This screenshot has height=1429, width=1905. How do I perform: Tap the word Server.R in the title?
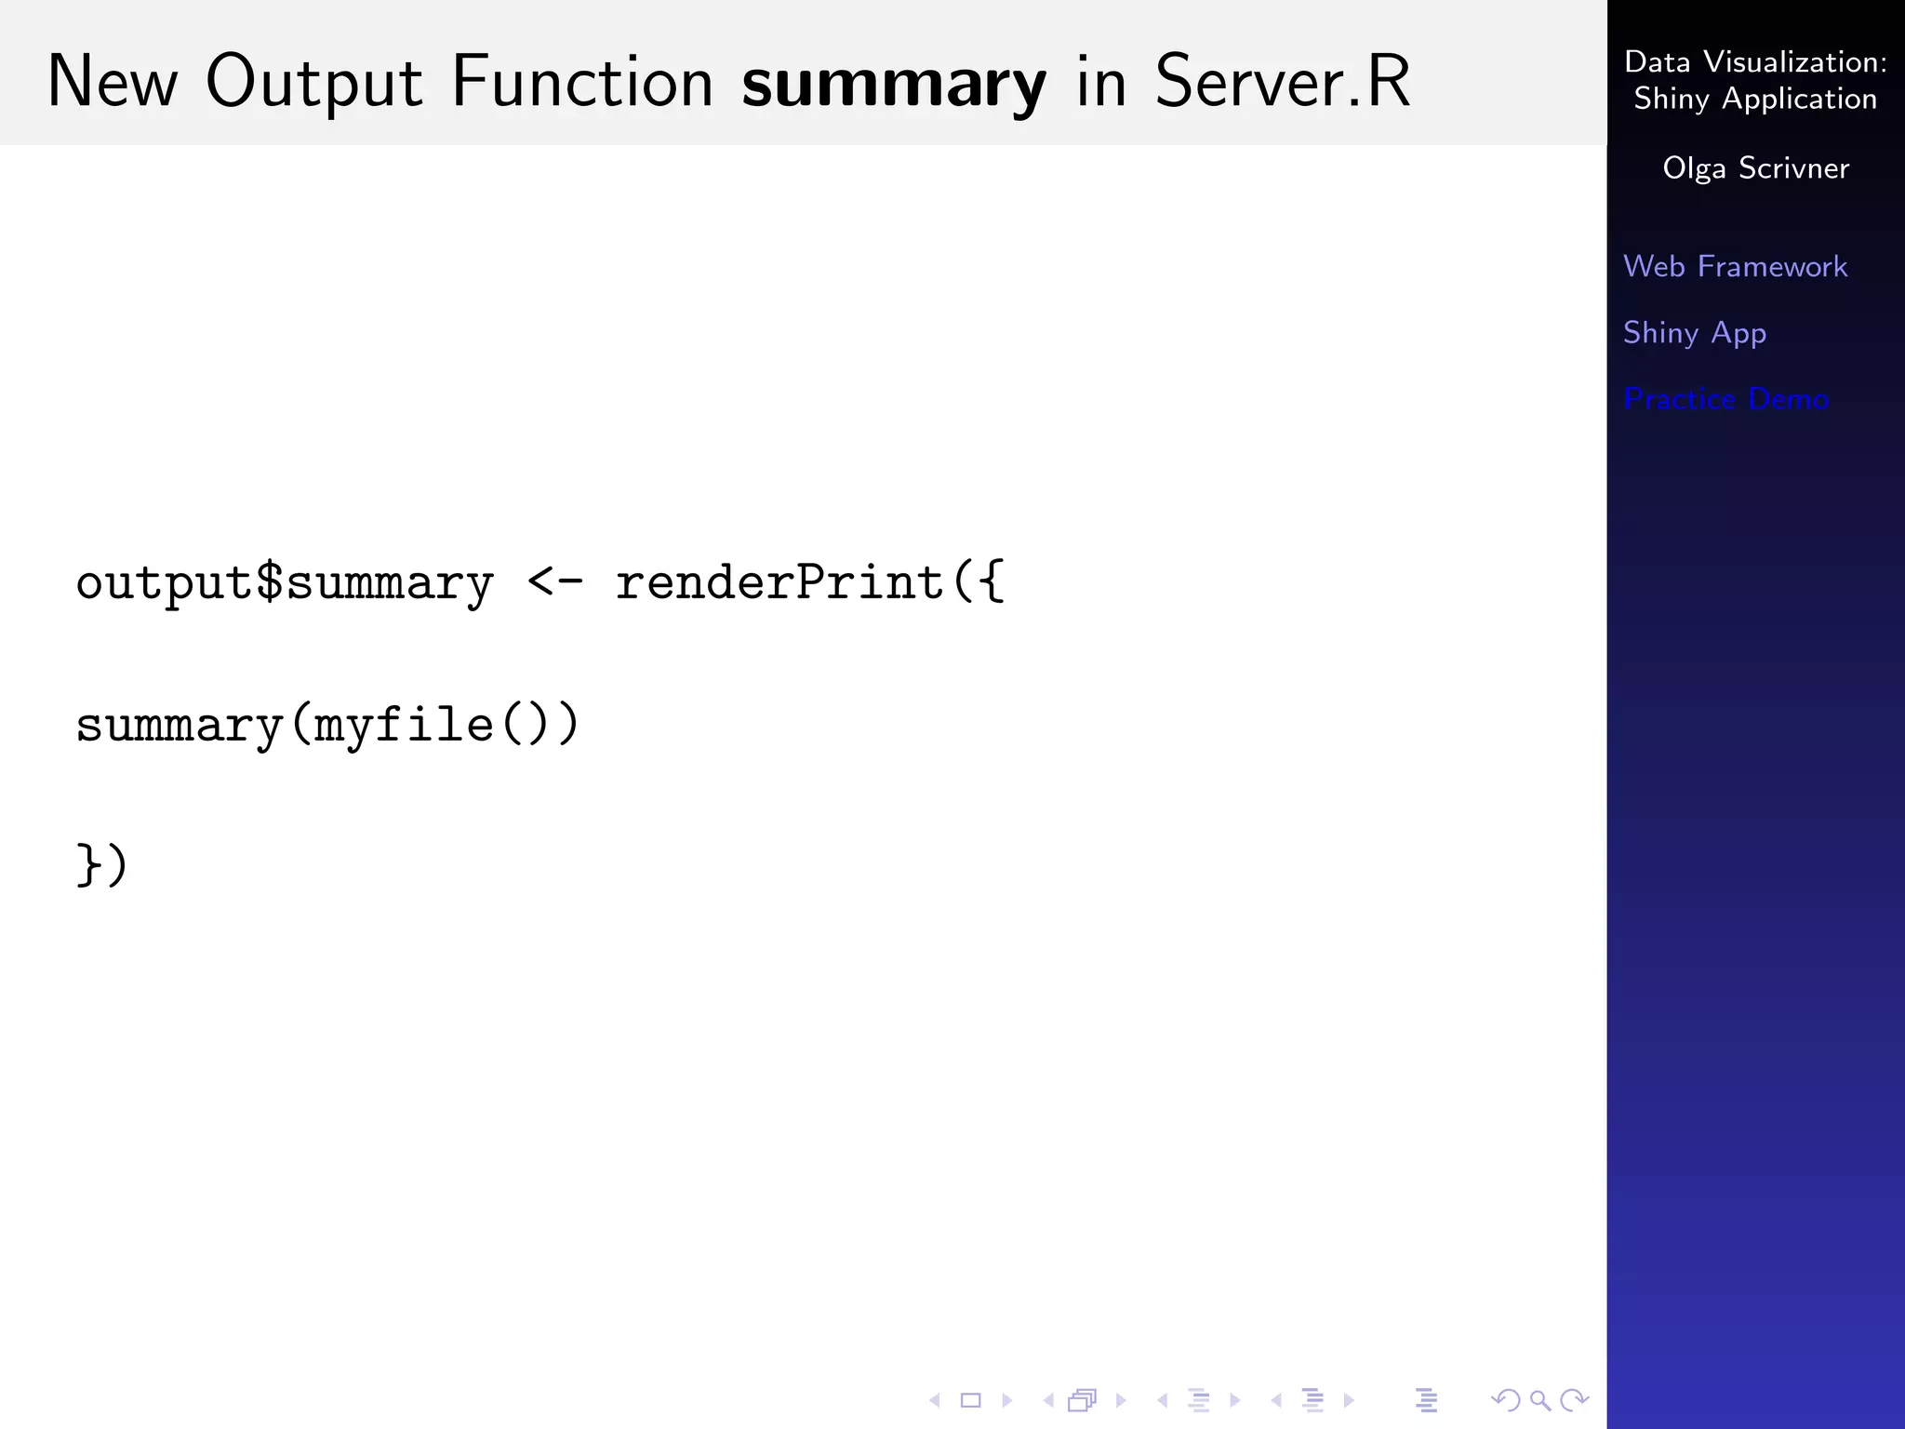[1282, 82]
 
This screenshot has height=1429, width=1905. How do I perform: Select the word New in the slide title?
[112, 82]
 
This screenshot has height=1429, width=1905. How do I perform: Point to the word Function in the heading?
[582, 82]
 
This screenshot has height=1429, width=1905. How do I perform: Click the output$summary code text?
[285, 584]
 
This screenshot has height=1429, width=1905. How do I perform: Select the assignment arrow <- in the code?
[555, 582]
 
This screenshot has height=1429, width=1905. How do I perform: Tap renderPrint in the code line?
[779, 582]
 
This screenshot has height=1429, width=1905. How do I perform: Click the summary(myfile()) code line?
[327, 726]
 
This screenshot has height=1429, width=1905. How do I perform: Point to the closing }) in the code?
[101, 865]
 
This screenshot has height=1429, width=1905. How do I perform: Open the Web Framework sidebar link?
[1735, 267]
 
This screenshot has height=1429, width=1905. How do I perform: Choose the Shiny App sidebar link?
[1694, 333]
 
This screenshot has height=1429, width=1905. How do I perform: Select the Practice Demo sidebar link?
[1725, 399]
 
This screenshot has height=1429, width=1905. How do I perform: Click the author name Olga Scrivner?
[1755, 168]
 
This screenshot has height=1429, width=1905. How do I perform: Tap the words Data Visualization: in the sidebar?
[1755, 62]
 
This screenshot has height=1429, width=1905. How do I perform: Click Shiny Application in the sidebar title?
[1755, 99]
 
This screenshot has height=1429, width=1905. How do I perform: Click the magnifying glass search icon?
[1539, 1400]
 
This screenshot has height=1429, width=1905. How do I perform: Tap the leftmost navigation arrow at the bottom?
[935, 1400]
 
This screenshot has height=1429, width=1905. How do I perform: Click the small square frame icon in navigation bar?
[970, 1400]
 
